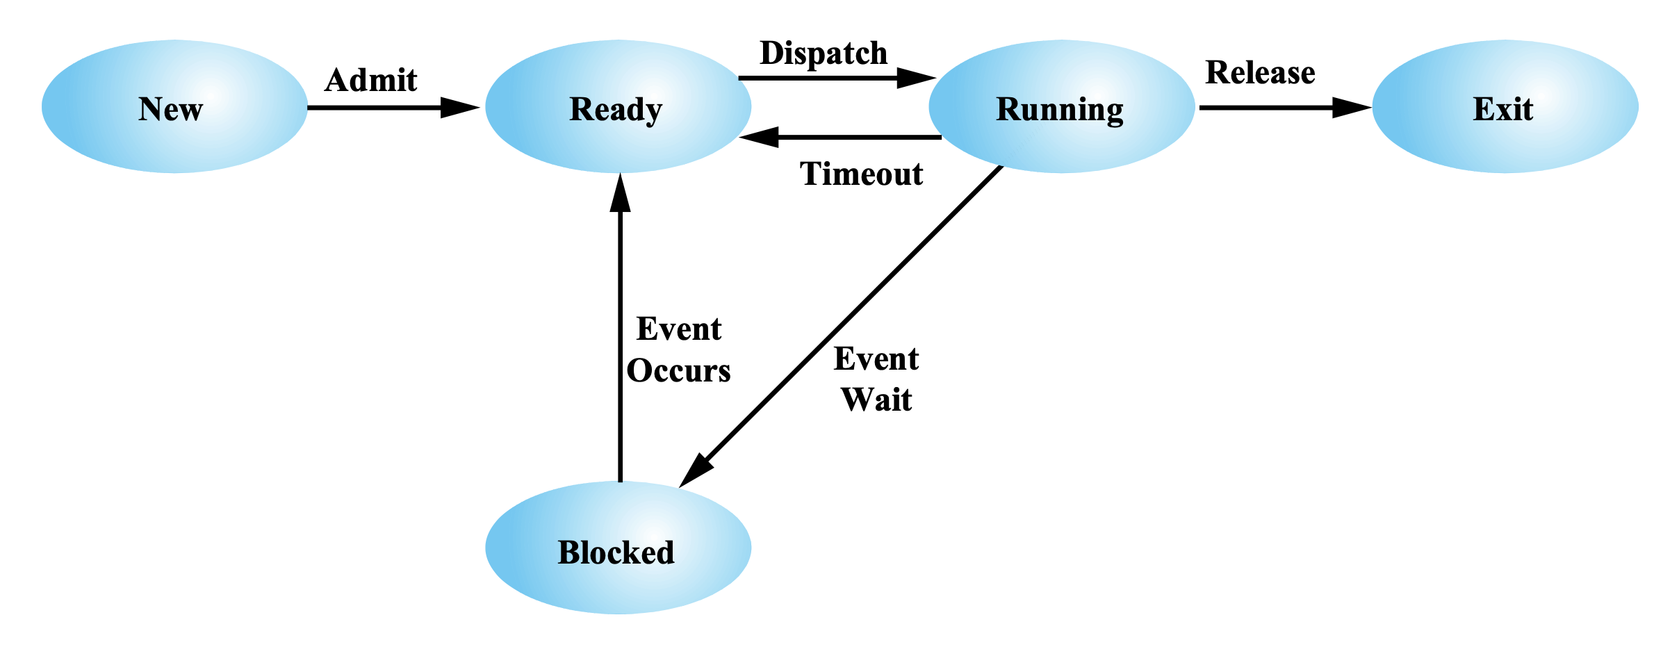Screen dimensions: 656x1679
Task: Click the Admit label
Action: tap(370, 81)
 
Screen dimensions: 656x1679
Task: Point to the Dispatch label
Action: tap(824, 54)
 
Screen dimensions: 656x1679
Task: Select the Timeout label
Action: tap(861, 174)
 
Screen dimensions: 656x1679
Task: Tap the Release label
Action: tap(1260, 73)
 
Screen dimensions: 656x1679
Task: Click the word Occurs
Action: tap(678, 370)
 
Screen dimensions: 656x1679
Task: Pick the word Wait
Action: tap(876, 400)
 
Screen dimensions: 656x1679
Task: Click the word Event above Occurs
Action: tap(679, 329)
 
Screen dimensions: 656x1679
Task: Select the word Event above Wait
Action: tap(876, 359)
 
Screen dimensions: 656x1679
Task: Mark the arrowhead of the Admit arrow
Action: tap(460, 108)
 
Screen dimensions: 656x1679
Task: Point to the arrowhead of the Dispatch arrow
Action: tap(916, 78)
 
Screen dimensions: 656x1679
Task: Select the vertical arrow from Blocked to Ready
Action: tap(620, 347)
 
